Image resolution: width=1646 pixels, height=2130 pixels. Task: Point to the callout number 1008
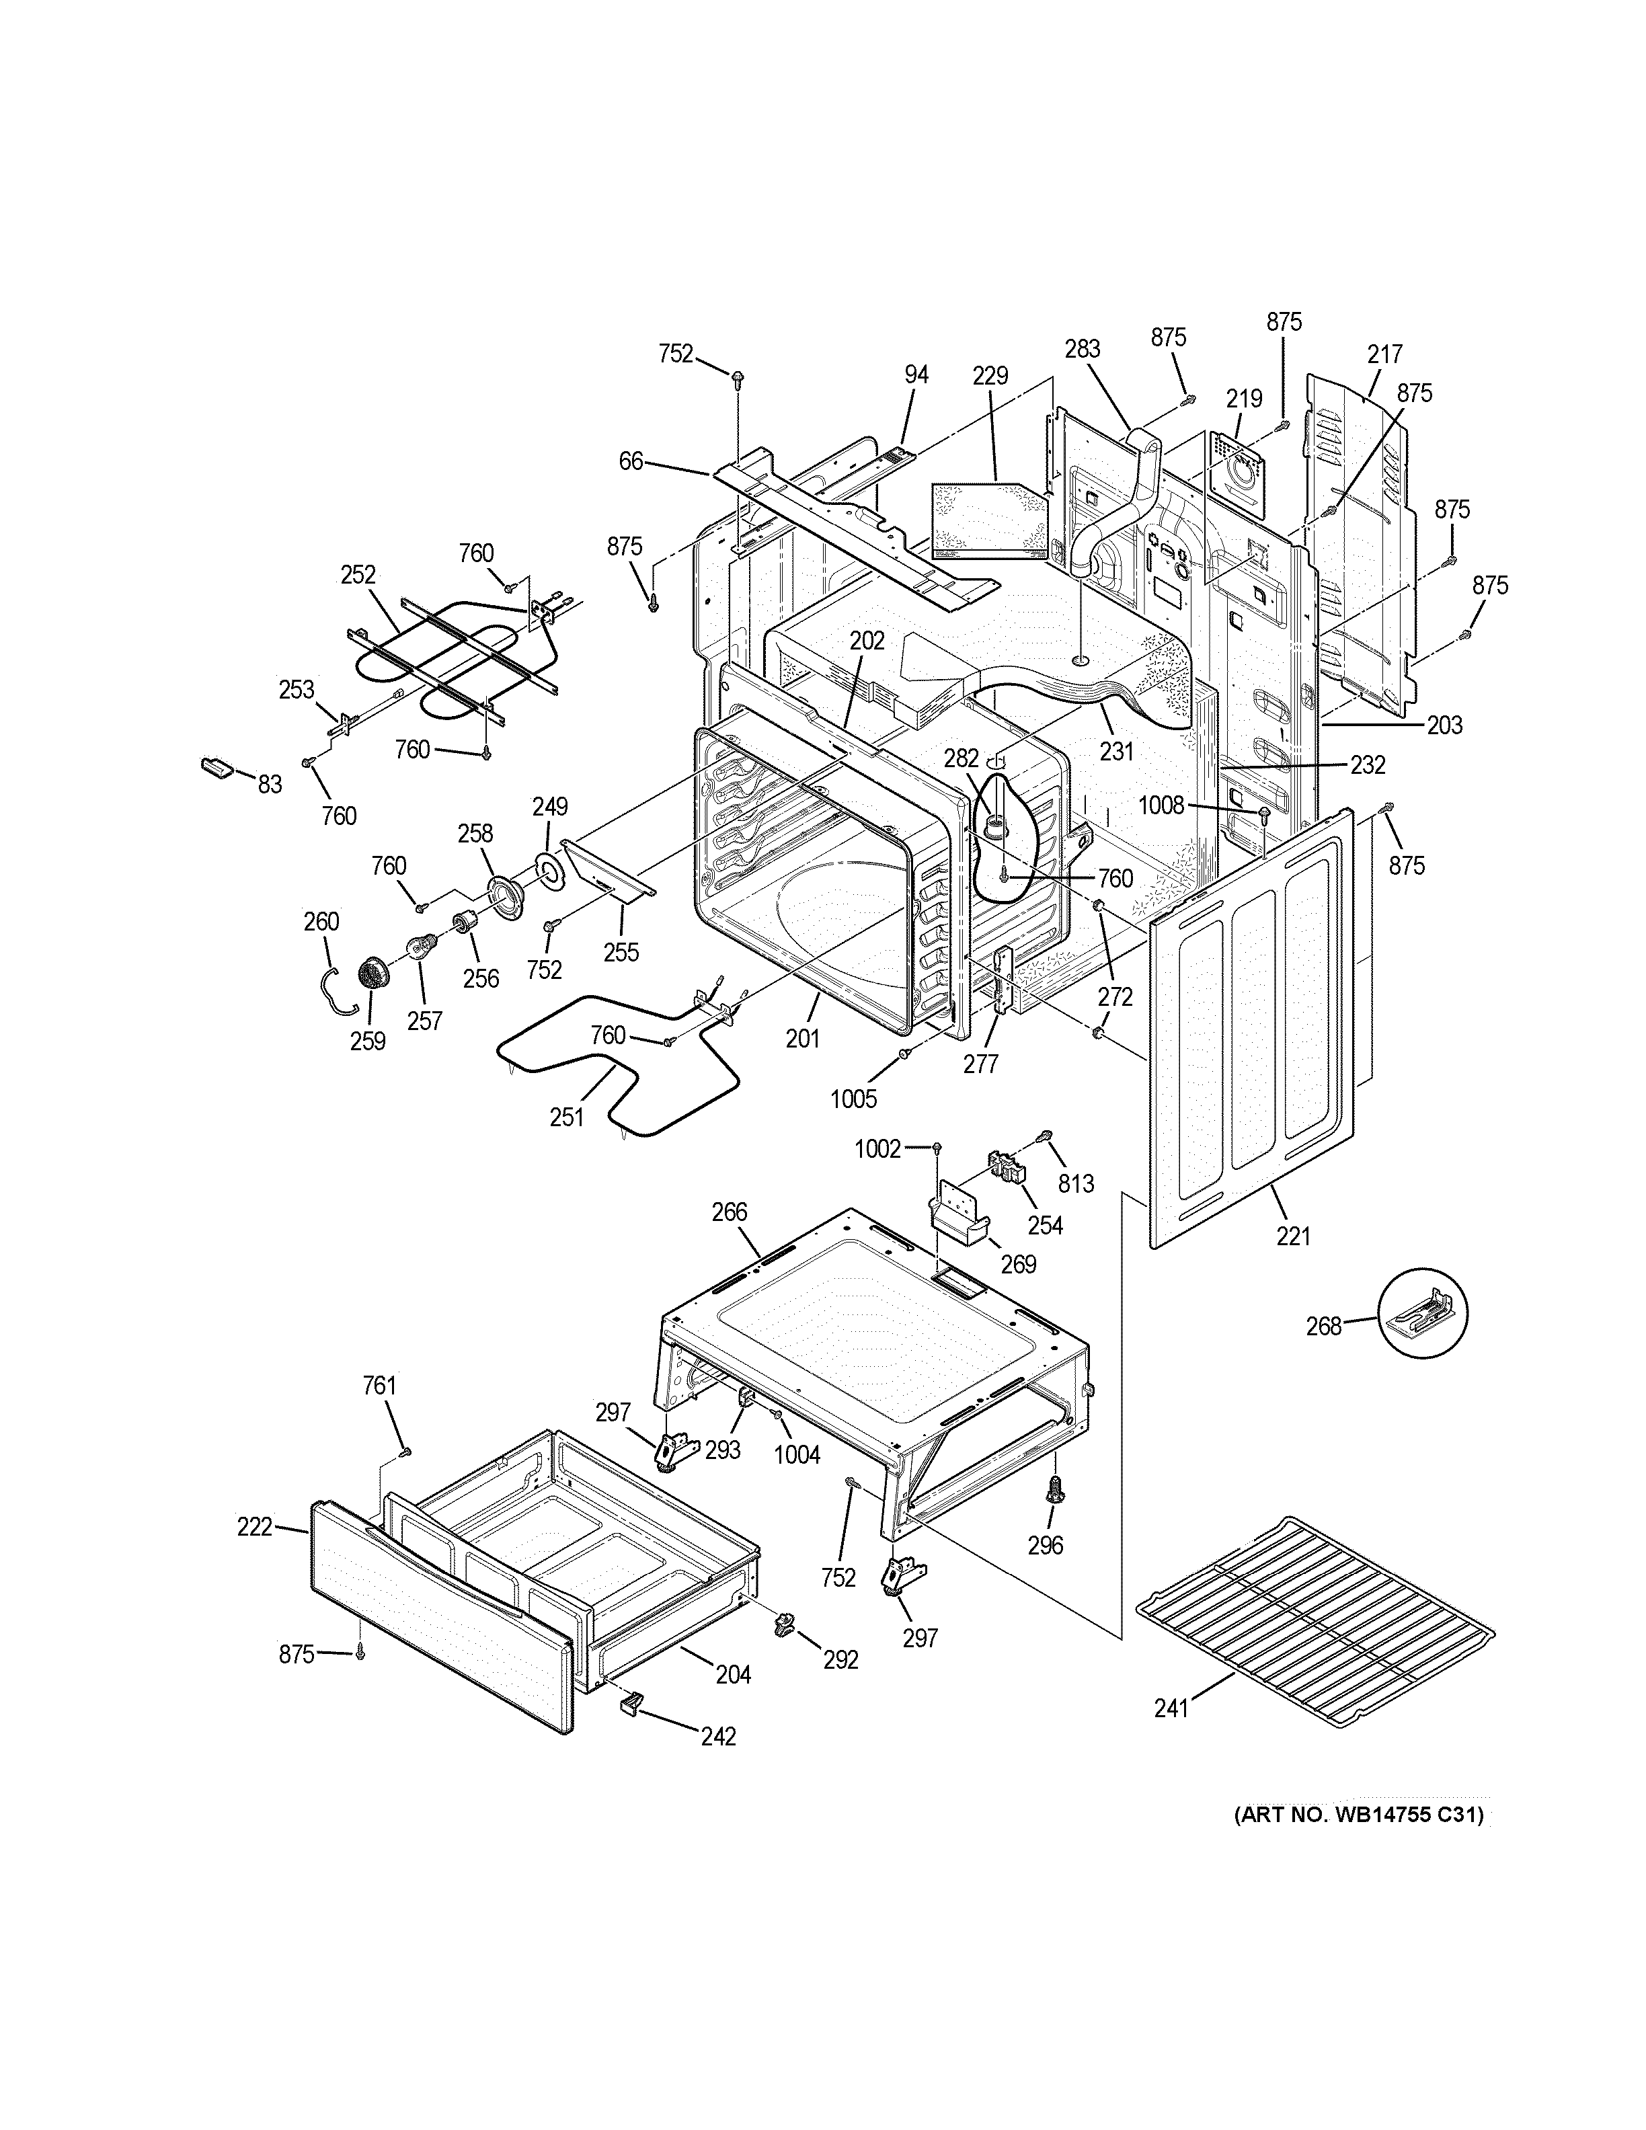(x=1161, y=805)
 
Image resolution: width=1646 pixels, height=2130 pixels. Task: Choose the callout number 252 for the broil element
(x=358, y=574)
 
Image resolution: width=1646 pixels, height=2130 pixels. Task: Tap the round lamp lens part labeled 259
(x=373, y=972)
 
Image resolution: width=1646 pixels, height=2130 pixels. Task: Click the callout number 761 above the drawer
(x=379, y=1385)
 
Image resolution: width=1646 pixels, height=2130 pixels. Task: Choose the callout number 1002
(x=877, y=1149)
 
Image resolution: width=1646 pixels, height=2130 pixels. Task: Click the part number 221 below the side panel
(x=1293, y=1236)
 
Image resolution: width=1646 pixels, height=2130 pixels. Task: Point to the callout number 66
(x=631, y=461)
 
